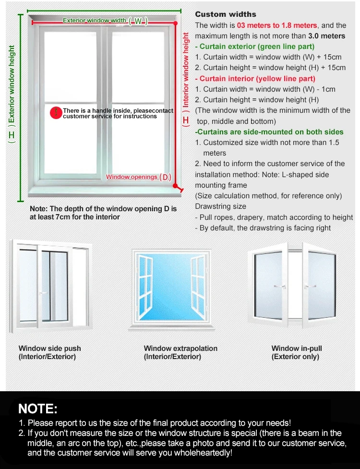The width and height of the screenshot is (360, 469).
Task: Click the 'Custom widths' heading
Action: tap(226, 14)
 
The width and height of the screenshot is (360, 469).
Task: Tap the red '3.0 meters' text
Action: tap(326, 36)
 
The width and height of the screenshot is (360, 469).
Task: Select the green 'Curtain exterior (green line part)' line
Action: tap(255, 47)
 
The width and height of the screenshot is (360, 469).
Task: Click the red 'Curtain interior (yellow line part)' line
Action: tap(255, 79)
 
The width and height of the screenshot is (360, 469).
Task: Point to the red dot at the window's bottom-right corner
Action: tap(175, 186)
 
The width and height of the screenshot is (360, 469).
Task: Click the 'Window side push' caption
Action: tap(49, 349)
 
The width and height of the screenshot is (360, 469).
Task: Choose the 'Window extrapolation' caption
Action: tap(180, 349)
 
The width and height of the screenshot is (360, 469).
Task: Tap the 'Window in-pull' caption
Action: tap(297, 349)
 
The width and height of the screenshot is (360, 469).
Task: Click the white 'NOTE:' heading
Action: tap(38, 409)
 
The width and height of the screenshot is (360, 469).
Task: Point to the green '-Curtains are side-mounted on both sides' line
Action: tap(269, 132)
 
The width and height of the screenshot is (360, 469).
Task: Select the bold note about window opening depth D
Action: tap(103, 213)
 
